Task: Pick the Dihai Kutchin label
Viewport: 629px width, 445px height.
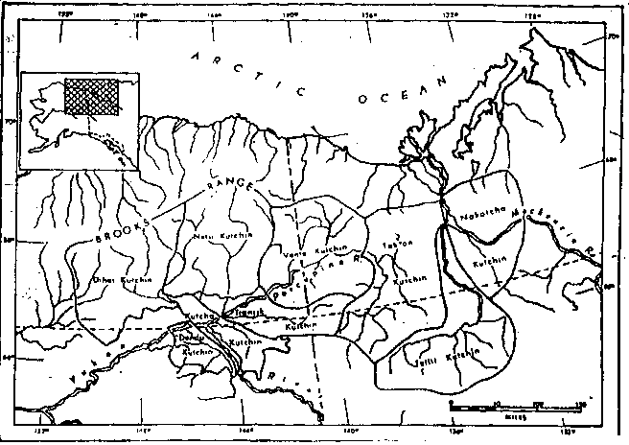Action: tap(115, 280)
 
